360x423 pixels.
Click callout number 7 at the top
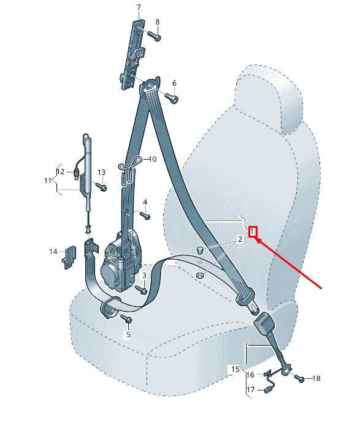139,7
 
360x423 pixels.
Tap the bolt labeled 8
154,36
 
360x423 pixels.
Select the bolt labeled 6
172,98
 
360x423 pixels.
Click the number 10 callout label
152,159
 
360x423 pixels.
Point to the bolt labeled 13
101,186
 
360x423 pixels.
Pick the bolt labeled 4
145,215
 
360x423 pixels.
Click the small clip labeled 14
69,257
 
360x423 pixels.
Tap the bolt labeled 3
141,290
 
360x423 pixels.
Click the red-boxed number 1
252,231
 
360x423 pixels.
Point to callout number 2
240,239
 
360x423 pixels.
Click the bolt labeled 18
300,378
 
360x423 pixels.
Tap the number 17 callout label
251,390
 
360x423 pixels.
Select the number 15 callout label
235,369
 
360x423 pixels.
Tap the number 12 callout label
61,171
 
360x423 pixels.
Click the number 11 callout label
48,180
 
